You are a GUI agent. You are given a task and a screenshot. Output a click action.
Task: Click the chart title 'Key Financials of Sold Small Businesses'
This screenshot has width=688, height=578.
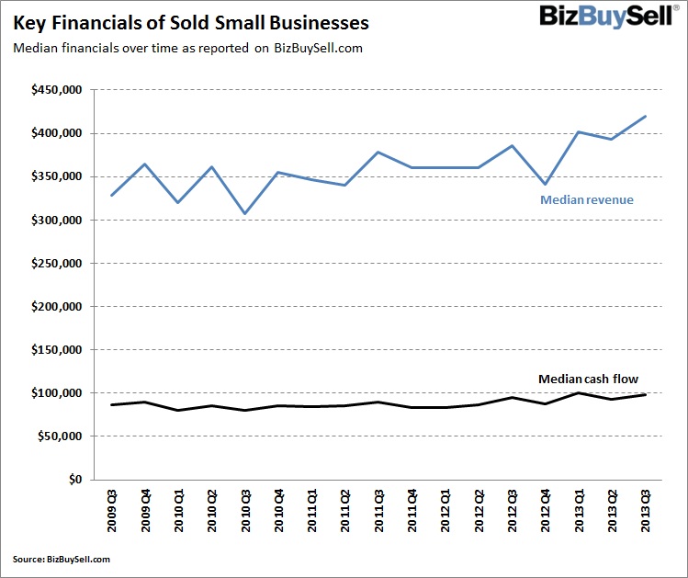pyautogui.click(x=190, y=22)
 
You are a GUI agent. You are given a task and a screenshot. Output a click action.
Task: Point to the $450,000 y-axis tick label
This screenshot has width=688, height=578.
pyautogui.click(x=57, y=90)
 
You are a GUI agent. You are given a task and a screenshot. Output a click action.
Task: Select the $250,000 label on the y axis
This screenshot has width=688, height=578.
pyautogui.click(x=57, y=263)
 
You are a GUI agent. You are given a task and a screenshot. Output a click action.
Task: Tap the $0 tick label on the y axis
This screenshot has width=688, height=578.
pyautogui.click(x=73, y=480)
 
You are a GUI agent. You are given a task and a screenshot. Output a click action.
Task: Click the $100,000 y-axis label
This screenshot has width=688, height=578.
pyautogui.click(x=57, y=393)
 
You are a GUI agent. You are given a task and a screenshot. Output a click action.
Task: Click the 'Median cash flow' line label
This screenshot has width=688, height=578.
pyautogui.click(x=587, y=379)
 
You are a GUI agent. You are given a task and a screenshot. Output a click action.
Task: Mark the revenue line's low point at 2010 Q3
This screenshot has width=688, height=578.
pyautogui.click(x=245, y=213)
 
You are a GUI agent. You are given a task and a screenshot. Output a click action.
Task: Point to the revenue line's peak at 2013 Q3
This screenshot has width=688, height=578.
pyautogui.click(x=646, y=117)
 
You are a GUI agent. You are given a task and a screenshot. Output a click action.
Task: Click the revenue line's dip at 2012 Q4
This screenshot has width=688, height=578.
pyautogui.click(x=546, y=184)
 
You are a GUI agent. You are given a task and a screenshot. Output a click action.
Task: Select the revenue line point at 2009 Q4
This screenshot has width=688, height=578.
pyautogui.click(x=145, y=164)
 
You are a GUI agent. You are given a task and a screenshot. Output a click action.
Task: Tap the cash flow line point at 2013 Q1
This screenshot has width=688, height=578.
pyautogui.click(x=579, y=393)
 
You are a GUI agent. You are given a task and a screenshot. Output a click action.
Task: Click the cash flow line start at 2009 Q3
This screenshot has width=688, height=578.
pyautogui.click(x=112, y=405)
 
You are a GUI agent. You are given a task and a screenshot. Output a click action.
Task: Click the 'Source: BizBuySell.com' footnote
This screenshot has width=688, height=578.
pyautogui.click(x=62, y=559)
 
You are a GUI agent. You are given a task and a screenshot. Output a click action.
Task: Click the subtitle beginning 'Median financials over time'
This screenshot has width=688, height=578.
pyautogui.click(x=187, y=49)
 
